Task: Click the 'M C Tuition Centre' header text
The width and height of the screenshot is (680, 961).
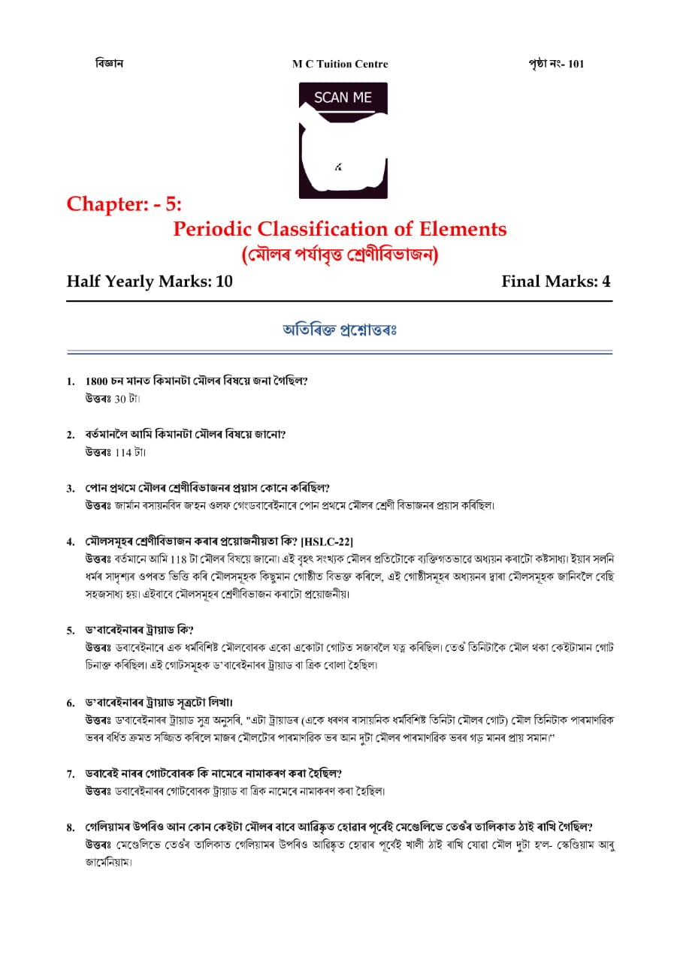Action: [x=340, y=65]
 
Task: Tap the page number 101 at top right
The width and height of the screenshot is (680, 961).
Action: [x=576, y=64]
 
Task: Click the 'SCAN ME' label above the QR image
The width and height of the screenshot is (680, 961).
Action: [x=343, y=98]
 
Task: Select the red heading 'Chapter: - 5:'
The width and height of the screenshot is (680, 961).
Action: [x=124, y=203]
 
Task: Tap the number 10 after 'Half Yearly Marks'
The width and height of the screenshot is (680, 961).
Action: [x=224, y=282]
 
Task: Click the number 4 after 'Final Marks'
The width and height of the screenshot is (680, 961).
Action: [x=606, y=282]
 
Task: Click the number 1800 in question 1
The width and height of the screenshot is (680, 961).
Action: [x=98, y=381]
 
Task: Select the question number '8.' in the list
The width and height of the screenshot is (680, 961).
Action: [x=71, y=828]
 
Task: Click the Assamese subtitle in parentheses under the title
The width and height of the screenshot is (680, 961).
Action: [x=340, y=255]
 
